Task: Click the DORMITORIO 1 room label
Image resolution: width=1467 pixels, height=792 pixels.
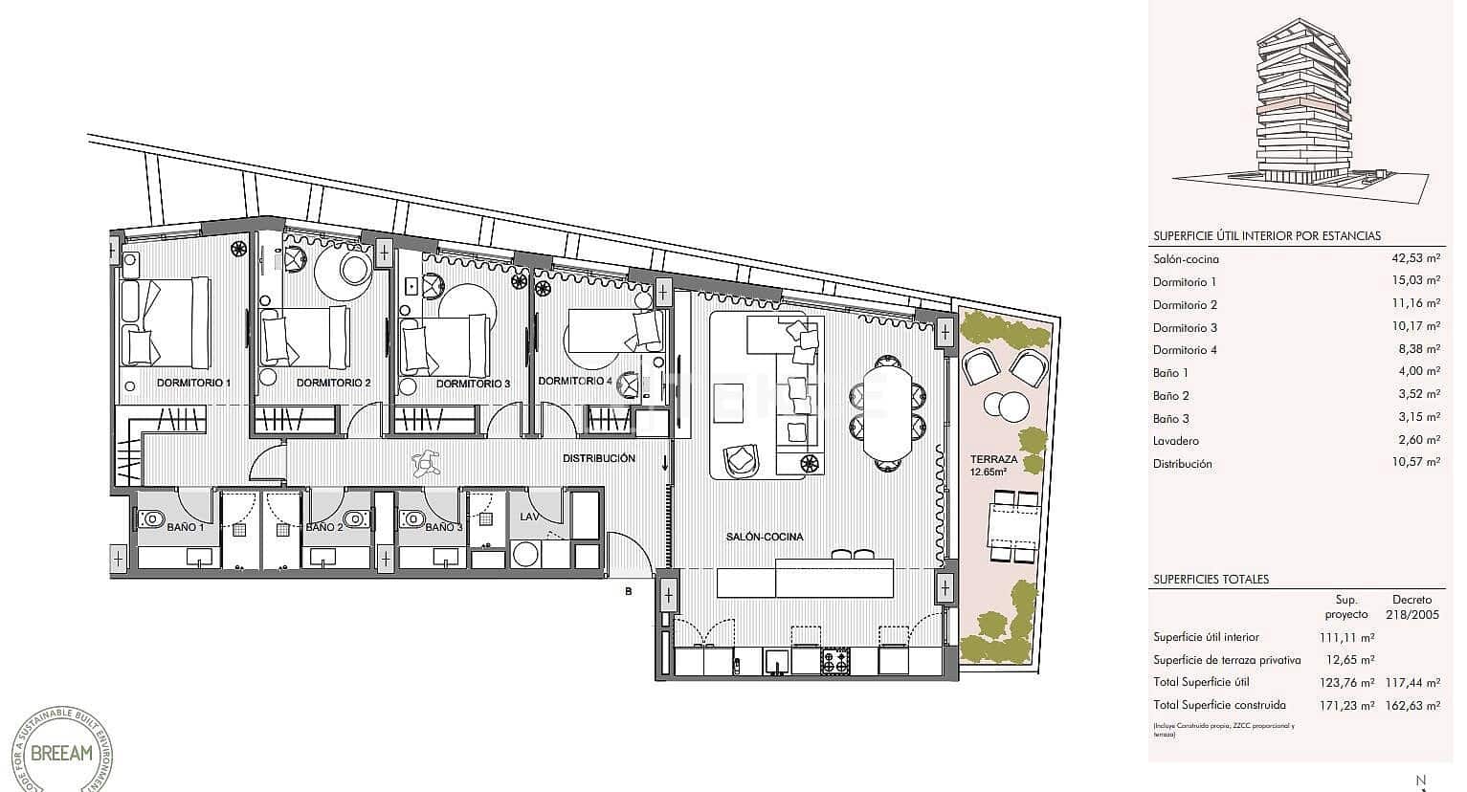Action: [193, 383]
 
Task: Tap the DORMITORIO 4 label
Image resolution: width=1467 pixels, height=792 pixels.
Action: [575, 381]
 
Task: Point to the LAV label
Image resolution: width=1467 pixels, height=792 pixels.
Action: [529, 517]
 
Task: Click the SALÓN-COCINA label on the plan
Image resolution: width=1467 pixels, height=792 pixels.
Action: [765, 537]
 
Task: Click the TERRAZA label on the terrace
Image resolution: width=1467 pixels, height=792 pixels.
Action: [993, 459]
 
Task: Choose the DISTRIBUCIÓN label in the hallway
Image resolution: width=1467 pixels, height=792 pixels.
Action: [598, 458]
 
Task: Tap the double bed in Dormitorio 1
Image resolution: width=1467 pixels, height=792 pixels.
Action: [167, 320]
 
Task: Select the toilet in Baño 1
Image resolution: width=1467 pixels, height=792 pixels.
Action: [151, 519]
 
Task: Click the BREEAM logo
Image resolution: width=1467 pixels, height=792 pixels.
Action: [62, 752]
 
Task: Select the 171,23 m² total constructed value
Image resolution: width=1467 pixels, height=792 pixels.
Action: [1347, 705]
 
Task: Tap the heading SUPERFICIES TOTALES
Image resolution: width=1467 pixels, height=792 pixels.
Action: [1211, 580]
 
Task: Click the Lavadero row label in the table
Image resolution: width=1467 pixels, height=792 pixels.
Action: [1176, 441]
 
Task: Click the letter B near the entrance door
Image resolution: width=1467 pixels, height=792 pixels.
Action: [629, 591]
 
